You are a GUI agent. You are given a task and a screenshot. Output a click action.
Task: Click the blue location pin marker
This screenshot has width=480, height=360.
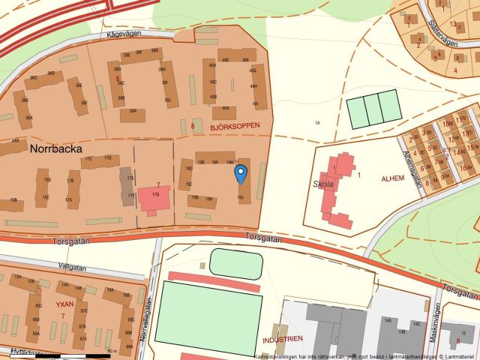pos(240,174)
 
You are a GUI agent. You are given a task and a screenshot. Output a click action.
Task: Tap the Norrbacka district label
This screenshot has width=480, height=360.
pos(56,148)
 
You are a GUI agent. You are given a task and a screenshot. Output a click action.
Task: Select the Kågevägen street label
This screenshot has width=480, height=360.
pos(124,34)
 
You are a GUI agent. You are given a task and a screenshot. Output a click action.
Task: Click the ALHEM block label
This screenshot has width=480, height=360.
pos(392,178)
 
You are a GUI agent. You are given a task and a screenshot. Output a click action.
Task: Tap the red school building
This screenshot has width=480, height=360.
pos(336,190)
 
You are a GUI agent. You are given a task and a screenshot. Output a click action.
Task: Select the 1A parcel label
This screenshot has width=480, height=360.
pos(316,122)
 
